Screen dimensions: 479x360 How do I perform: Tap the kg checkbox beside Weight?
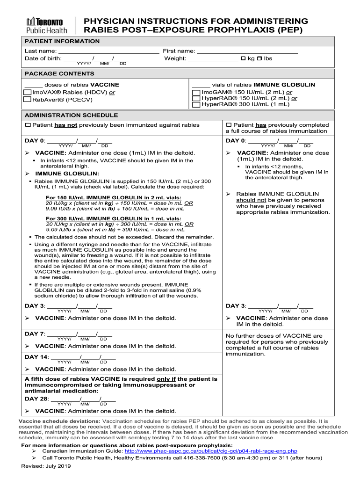[x=243, y=58]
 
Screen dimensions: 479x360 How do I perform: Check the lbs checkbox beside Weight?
[x=260, y=58]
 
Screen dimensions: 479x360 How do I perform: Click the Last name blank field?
[x=108, y=51]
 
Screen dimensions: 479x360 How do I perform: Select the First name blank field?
[x=247, y=51]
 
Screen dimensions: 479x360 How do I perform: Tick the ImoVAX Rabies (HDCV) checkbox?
[x=28, y=93]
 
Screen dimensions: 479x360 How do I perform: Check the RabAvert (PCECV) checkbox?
[x=28, y=99]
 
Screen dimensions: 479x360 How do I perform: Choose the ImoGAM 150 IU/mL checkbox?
[x=196, y=93]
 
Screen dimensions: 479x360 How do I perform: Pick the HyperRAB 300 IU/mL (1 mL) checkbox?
[x=196, y=105]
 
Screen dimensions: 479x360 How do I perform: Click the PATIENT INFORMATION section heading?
[x=62, y=41]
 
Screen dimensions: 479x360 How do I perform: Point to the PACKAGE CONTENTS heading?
[x=59, y=74]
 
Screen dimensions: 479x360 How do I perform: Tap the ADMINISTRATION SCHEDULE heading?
[x=72, y=115]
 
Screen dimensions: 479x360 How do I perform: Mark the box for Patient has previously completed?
[x=229, y=125]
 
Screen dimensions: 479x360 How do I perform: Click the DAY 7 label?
[x=35, y=334]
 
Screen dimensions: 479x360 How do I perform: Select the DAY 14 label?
[x=36, y=357]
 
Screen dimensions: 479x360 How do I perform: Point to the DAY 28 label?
[x=36, y=399]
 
